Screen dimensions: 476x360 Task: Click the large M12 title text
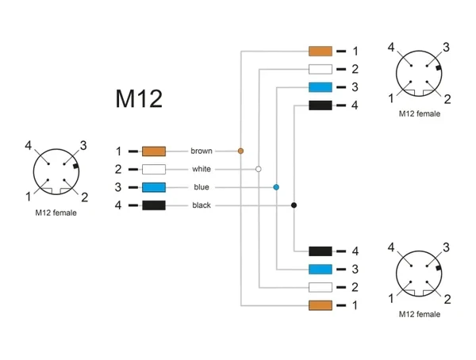click(x=139, y=98)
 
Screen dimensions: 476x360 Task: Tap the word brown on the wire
click(x=202, y=151)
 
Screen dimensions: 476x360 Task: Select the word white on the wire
click(x=202, y=169)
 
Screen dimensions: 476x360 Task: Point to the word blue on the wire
click(x=202, y=187)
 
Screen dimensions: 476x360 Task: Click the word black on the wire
click(x=202, y=205)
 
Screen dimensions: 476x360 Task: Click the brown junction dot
click(x=240, y=151)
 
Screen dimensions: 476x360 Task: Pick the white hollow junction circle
click(x=259, y=169)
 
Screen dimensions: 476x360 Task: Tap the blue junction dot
click(x=276, y=187)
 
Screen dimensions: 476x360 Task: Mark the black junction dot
click(x=294, y=205)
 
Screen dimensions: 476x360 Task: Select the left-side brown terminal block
click(x=154, y=151)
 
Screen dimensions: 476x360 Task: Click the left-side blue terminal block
click(x=154, y=187)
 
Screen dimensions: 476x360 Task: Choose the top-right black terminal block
click(x=321, y=105)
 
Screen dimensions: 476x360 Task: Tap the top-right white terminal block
click(x=321, y=69)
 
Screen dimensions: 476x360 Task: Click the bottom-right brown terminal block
click(x=321, y=305)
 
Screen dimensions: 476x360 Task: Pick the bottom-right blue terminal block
click(x=321, y=270)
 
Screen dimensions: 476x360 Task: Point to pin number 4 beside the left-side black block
click(x=118, y=205)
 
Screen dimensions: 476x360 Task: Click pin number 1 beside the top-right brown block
click(x=355, y=52)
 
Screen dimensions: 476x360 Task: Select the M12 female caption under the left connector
click(x=56, y=213)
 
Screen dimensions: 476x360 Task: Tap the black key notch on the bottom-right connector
click(x=438, y=268)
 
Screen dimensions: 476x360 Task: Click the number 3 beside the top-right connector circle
click(x=446, y=48)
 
